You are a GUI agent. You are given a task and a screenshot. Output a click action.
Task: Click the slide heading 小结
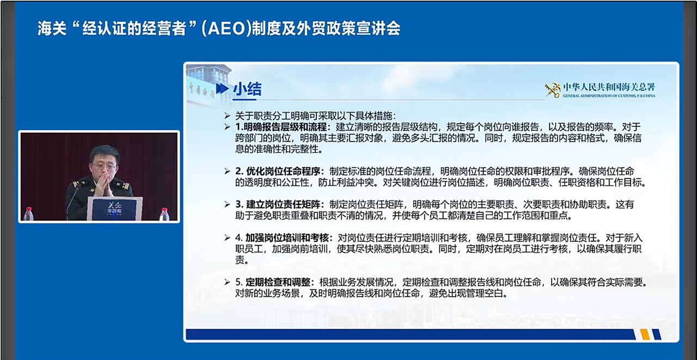pos(247,89)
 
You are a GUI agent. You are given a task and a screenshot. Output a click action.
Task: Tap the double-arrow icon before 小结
pos(223,89)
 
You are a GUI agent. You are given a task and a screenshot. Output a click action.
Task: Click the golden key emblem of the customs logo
pos(553,90)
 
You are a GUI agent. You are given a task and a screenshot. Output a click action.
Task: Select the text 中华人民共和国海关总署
pos(609,87)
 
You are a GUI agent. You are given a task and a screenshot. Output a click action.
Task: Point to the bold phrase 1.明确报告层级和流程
pos(281,127)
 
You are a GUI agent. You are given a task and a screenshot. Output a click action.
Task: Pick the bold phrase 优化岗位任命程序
pos(283,172)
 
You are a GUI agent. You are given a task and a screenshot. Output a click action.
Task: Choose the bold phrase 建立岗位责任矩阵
pos(283,204)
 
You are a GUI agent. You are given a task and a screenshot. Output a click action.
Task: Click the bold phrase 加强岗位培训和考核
pos(287,238)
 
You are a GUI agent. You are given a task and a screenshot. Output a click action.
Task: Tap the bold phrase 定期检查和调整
pos(278,282)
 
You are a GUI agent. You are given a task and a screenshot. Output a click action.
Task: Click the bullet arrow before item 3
pos(228,204)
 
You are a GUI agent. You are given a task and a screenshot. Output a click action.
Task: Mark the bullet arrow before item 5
pos(228,282)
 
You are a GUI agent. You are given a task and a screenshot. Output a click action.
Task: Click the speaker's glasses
pos(104,166)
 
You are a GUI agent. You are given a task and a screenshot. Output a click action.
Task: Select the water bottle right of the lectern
pos(164,214)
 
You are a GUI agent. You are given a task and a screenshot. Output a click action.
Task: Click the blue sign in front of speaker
pos(114,209)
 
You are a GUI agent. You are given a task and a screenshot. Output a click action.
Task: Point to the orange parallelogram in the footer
pos(645,334)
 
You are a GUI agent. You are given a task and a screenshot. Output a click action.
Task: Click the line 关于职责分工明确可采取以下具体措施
pos(315,116)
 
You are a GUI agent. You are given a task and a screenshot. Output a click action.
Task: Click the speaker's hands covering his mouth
pos(103,185)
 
